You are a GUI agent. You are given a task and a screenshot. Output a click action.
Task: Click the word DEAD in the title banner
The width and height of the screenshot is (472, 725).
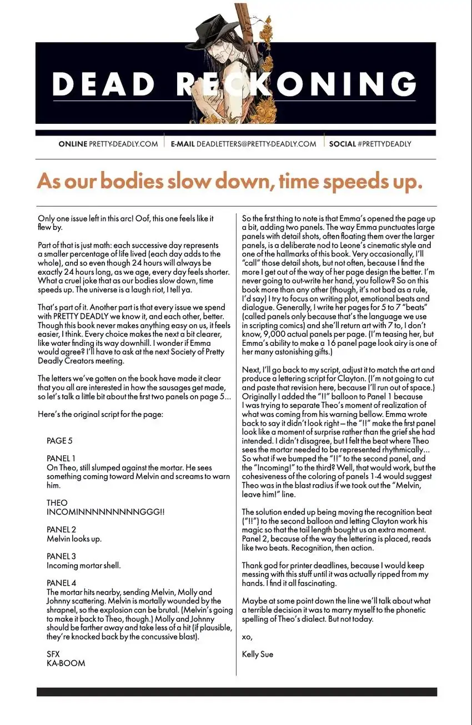coord(104,85)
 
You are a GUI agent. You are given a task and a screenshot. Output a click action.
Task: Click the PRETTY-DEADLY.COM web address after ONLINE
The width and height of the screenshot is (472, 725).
coord(124,144)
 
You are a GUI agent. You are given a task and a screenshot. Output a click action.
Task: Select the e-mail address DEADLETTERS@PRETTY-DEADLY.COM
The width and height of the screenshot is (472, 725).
coord(256,144)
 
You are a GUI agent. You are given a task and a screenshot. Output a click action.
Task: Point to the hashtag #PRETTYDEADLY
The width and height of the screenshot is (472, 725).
coord(384,144)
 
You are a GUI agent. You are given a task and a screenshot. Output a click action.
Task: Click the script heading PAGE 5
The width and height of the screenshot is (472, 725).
coord(59,441)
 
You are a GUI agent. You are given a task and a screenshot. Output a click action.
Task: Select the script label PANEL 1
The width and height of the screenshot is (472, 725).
coord(61,459)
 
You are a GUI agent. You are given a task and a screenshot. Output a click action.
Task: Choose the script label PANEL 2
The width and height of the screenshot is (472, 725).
coord(61,530)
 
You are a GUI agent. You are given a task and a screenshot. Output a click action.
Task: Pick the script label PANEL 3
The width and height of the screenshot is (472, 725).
coord(61,556)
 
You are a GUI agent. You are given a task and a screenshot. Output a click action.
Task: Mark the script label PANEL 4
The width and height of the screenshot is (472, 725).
coord(61,583)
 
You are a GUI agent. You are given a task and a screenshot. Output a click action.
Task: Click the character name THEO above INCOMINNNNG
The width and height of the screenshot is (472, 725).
coord(57,503)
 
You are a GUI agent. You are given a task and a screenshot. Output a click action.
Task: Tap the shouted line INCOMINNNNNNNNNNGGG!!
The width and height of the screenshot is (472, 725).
coord(106,512)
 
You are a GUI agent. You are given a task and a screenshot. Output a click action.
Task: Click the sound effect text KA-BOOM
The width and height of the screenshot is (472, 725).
coord(66,663)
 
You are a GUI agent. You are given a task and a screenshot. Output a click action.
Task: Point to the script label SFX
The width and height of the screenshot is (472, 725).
coord(53,654)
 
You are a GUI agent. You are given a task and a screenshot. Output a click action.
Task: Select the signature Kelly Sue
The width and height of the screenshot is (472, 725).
coord(258,654)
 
